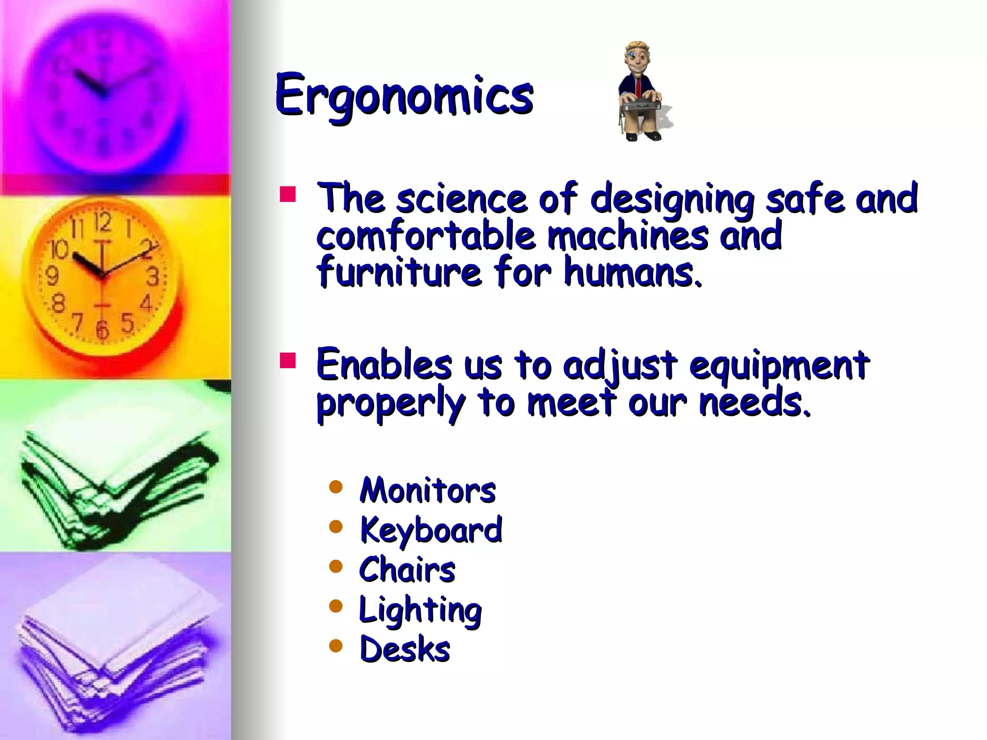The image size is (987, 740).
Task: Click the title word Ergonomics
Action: [x=404, y=95]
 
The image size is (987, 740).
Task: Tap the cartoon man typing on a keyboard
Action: [x=640, y=92]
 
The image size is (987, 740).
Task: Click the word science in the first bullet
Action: [x=461, y=198]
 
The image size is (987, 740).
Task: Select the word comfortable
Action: [x=426, y=236]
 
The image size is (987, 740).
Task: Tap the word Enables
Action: [x=384, y=365]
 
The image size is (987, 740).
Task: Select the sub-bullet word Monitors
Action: [x=427, y=490]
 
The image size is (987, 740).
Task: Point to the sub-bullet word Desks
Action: [x=405, y=649]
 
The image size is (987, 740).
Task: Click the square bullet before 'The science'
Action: [x=288, y=194]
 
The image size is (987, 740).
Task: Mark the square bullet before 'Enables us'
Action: [x=288, y=360]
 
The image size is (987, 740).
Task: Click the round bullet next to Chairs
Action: [x=335, y=566]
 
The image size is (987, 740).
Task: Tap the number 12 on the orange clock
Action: [x=102, y=222]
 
